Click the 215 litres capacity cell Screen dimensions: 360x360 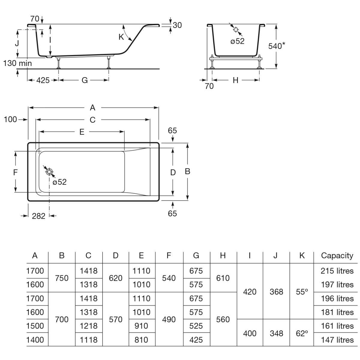click(x=337, y=271)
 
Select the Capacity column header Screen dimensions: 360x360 click(x=337, y=256)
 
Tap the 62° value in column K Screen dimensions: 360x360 click(x=302, y=333)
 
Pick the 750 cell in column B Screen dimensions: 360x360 click(x=62, y=278)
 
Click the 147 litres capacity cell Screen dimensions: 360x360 click(x=337, y=340)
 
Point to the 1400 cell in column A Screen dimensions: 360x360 click(x=35, y=340)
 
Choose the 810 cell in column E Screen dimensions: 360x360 click(x=141, y=340)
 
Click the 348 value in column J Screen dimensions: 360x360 click(x=276, y=333)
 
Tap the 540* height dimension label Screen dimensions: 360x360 click(x=276, y=46)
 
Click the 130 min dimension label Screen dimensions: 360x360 click(x=17, y=63)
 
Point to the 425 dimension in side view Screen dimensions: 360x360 click(x=43, y=80)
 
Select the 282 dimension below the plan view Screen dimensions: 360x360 click(x=38, y=216)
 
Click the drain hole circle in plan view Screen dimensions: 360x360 click(x=49, y=172)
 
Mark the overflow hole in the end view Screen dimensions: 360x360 click(x=236, y=29)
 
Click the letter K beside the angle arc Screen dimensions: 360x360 click(x=121, y=37)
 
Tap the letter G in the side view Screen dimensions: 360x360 click(x=85, y=80)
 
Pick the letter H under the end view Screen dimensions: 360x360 click(x=235, y=80)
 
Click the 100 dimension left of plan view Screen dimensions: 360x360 click(x=10, y=119)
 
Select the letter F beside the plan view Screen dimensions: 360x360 click(x=16, y=172)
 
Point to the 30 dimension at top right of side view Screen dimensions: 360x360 click(x=177, y=25)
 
